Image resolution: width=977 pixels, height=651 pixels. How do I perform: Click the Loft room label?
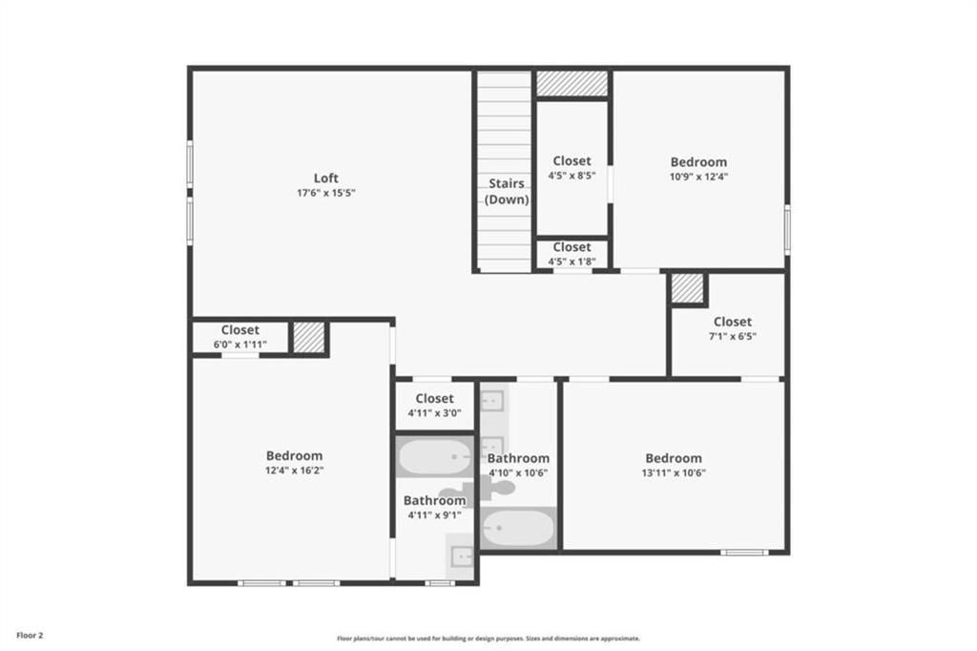click(326, 178)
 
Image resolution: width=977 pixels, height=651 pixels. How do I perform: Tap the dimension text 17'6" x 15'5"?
click(326, 194)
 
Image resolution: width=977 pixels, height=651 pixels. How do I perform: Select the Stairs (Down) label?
click(507, 192)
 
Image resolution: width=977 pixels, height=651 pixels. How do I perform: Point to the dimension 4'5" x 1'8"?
click(572, 262)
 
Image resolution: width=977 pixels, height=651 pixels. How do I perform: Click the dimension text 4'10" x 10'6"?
click(518, 473)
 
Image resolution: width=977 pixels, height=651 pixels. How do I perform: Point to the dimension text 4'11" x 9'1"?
click(434, 515)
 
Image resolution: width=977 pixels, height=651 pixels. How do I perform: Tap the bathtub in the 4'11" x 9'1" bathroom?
click(434, 457)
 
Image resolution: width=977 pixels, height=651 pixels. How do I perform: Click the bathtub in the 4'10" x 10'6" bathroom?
click(518, 528)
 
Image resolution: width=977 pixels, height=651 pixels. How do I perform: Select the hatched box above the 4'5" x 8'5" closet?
click(572, 84)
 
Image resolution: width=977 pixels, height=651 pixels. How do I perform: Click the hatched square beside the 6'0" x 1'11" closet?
click(309, 337)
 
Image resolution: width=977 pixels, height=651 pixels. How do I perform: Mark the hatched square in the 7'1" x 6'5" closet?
click(687, 288)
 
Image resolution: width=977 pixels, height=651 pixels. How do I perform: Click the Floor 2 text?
click(30, 636)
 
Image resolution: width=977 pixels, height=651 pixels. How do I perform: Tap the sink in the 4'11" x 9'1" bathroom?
click(461, 556)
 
